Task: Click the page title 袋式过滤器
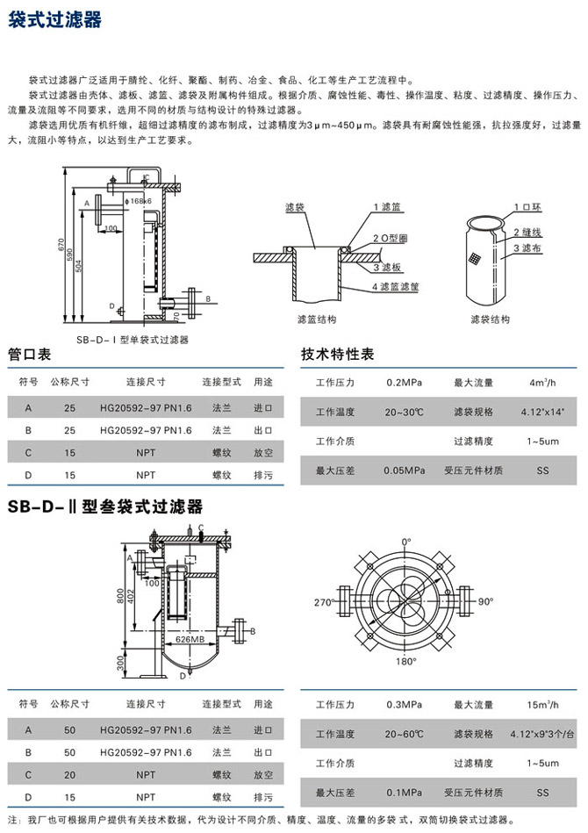54,18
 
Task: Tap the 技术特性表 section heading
338,355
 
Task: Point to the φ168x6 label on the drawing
139,201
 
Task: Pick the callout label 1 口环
529,207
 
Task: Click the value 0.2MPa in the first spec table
405,382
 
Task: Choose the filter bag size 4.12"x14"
542,411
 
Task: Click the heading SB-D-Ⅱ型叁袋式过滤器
105,506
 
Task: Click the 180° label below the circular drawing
405,661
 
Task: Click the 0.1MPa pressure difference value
405,793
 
